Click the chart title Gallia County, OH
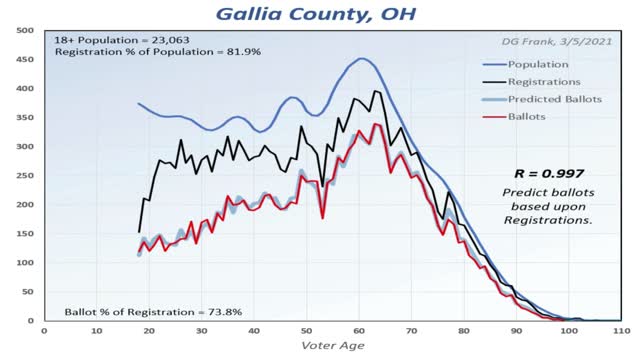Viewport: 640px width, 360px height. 319,15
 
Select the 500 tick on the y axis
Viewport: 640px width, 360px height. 19,30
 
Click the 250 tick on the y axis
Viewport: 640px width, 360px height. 19,175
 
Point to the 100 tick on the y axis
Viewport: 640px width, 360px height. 19,262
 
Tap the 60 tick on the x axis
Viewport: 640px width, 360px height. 359,330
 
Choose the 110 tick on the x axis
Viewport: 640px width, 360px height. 621,330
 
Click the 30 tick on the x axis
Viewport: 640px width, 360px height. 201,330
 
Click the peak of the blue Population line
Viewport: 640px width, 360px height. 361,58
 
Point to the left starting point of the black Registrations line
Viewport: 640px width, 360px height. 138,232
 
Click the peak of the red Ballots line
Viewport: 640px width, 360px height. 374,124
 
